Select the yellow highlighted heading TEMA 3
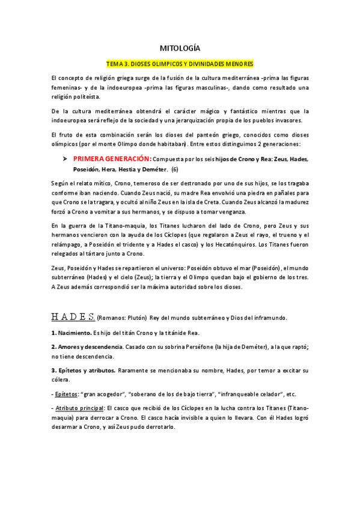tap(180, 63)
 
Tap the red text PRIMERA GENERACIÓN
tap(112, 159)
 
